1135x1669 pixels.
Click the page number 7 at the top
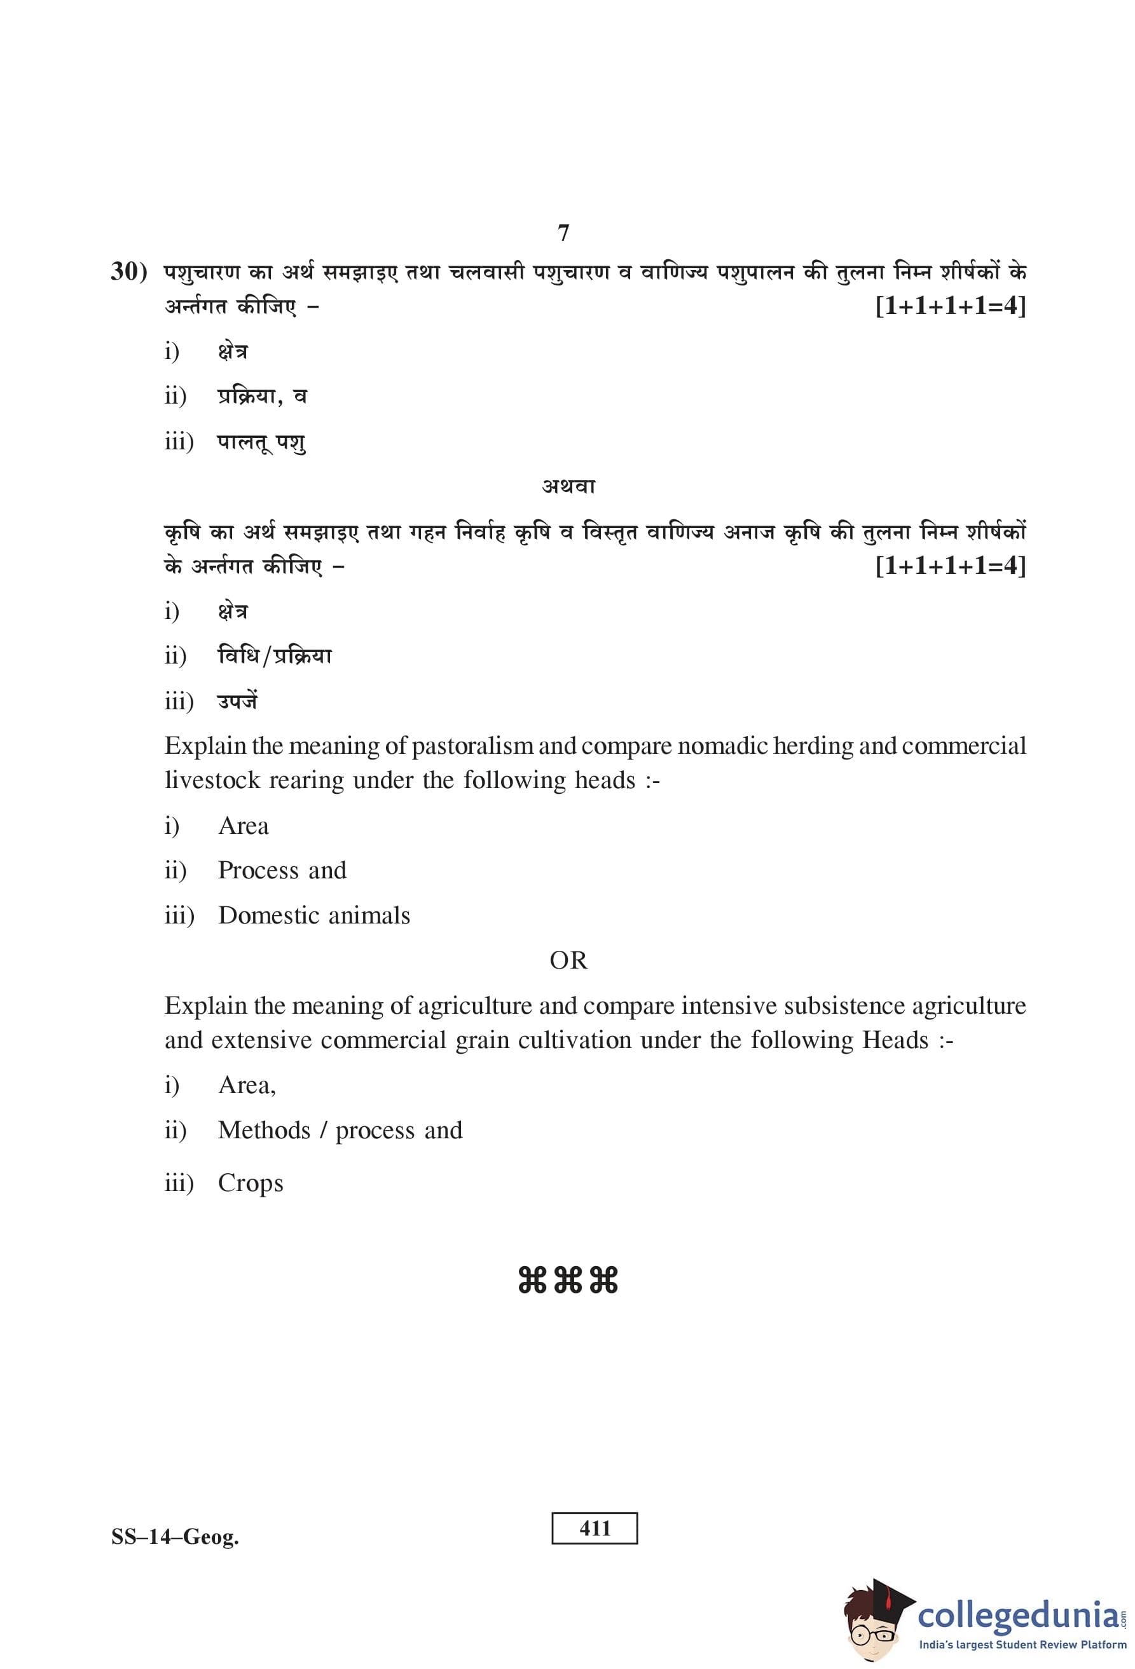[x=563, y=233]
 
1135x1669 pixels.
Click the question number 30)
[x=128, y=272]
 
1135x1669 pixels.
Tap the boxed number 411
[x=594, y=1529]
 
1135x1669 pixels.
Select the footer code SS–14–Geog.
[x=175, y=1537]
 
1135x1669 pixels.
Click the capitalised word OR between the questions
[x=568, y=960]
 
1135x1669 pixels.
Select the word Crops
[x=251, y=1183]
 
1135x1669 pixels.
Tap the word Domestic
[x=266, y=916]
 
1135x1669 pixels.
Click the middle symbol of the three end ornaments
[x=567, y=1281]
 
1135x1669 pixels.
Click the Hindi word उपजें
[x=237, y=700]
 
